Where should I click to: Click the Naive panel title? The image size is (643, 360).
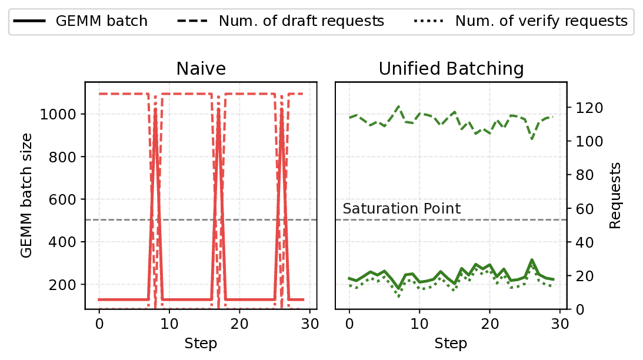coord(201,69)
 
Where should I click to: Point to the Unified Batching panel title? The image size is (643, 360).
coord(451,69)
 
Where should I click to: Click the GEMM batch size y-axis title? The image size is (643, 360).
coord(26,195)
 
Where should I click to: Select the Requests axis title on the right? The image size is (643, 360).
coord(615,195)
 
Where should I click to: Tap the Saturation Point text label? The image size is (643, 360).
coord(402,209)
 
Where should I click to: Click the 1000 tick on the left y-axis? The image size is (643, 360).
coord(61,114)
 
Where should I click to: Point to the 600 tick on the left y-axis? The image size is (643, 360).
coord(65,199)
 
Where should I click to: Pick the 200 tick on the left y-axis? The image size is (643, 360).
coord(65,285)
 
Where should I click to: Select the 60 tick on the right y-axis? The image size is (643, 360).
coord(581,209)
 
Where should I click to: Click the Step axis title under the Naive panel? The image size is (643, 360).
coord(201,343)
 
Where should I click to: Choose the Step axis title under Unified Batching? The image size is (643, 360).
coord(451,343)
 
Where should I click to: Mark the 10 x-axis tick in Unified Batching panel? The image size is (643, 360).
coord(419,324)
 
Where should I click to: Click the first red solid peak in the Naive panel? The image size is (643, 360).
coord(155,109)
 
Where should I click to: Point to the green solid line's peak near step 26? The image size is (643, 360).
coord(532,259)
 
